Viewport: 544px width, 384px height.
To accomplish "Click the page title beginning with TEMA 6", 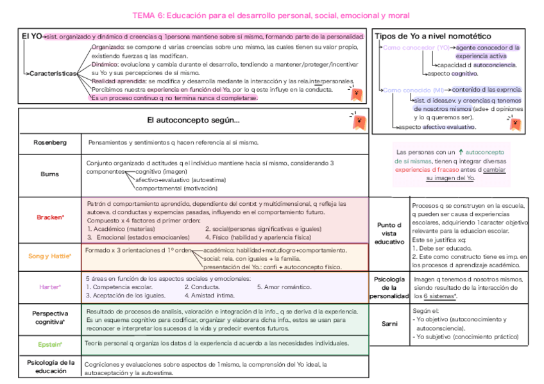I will click(271, 15).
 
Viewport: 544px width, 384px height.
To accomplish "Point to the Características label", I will click(53, 74).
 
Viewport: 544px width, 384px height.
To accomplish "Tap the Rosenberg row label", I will click(50, 142).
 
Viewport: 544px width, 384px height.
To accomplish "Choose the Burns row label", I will click(50, 174).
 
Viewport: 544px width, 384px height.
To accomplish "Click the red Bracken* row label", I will click(50, 218).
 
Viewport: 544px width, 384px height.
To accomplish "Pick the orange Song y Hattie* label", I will click(50, 256).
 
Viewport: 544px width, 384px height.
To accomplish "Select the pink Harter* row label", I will click(50, 287).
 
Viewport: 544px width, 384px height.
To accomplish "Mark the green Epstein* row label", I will click(50, 344).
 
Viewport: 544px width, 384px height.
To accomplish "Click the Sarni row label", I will click(389, 324).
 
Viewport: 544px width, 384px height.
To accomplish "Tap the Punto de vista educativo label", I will click(389, 234).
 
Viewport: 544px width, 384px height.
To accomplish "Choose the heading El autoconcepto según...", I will click(193, 121).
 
